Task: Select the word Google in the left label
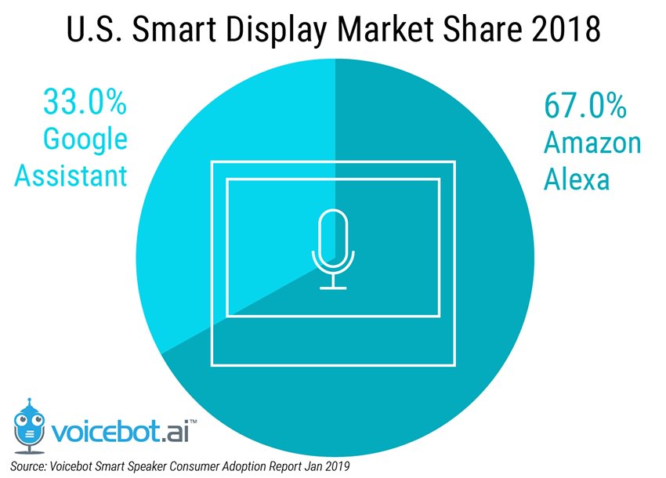click(85, 139)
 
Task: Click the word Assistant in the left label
click(71, 176)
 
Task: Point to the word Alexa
click(577, 179)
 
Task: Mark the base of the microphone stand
click(332, 287)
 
